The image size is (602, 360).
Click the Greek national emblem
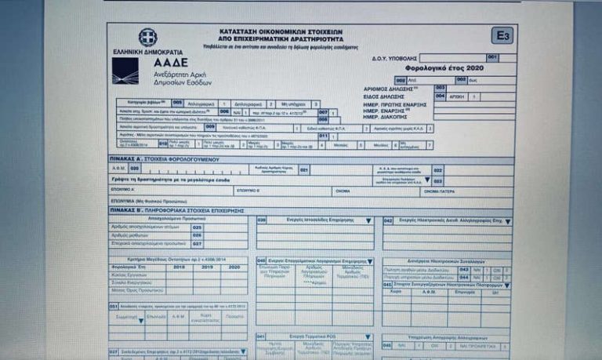147,37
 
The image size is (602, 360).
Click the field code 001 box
491,57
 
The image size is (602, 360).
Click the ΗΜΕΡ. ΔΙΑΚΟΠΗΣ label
403,117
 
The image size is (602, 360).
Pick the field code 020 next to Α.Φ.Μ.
134,168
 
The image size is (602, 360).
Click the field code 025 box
198,227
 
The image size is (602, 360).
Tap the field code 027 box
198,243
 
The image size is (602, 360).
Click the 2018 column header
178,267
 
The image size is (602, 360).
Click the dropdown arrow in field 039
368,220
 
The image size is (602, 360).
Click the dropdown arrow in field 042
507,222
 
